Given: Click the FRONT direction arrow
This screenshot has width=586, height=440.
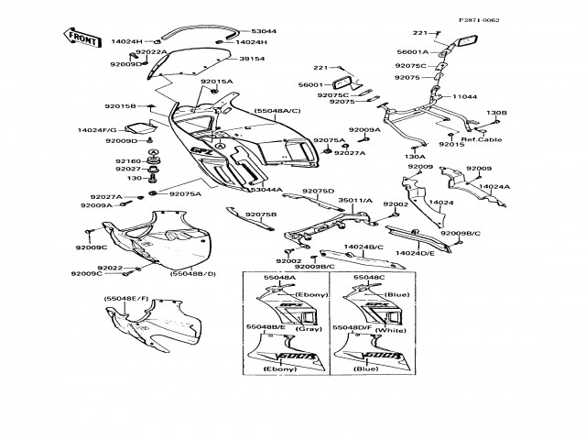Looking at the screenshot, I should click(80, 38).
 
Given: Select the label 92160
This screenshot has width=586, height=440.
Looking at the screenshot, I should click(127, 161).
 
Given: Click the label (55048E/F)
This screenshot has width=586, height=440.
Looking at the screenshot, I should click(125, 299).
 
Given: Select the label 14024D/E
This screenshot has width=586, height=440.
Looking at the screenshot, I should click(414, 250).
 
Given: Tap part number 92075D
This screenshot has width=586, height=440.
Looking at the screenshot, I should click(319, 191).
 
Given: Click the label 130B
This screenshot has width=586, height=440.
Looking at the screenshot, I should click(495, 113).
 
